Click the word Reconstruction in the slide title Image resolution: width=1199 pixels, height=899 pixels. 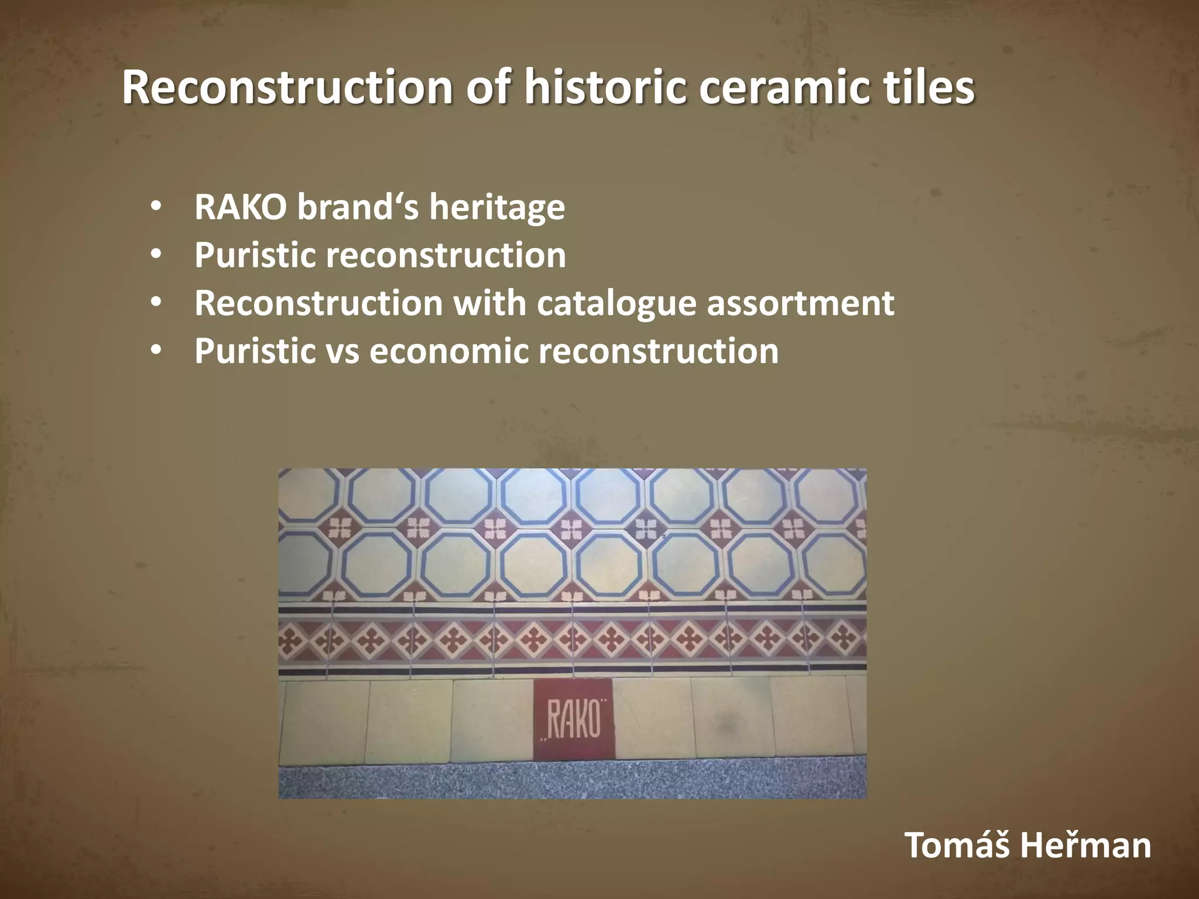pyautogui.click(x=287, y=88)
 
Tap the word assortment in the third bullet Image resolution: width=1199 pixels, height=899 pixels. pyautogui.click(x=800, y=304)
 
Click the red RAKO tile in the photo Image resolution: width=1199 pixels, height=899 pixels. pyautogui.click(x=573, y=719)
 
